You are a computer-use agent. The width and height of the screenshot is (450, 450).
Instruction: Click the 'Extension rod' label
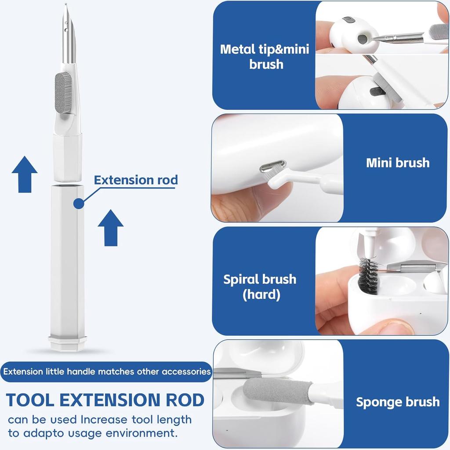[136, 180]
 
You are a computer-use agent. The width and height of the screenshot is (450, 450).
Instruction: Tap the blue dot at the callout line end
[79, 203]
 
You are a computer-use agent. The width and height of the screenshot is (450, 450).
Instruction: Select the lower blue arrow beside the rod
[110, 227]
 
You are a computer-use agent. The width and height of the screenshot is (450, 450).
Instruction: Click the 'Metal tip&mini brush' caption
[265, 56]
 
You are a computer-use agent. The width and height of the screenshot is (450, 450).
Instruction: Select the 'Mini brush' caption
[397, 163]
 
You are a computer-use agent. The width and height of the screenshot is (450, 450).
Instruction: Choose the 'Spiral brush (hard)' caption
[260, 287]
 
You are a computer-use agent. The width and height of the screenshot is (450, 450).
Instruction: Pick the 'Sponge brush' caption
[397, 402]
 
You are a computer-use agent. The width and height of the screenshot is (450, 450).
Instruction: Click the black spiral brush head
[368, 275]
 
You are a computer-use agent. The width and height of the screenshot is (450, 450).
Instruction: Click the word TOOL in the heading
[30, 400]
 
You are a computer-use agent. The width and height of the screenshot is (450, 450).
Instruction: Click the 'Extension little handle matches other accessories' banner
[106, 372]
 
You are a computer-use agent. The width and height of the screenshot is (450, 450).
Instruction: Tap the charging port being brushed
[273, 167]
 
